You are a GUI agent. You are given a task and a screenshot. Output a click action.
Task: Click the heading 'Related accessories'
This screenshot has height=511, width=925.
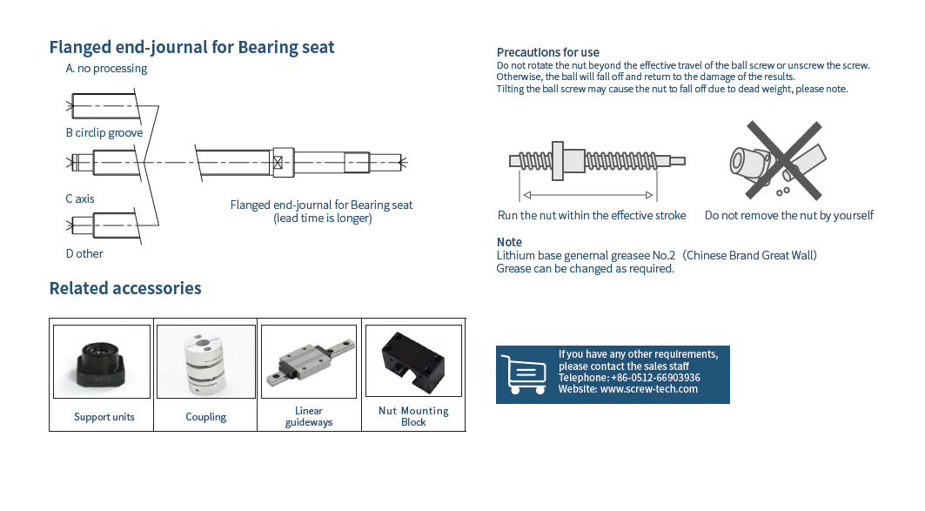coord(125,288)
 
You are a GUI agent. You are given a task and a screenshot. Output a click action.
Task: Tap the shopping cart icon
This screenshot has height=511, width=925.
coord(523,374)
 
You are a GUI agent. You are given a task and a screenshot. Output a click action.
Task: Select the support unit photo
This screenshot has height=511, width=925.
coord(102,361)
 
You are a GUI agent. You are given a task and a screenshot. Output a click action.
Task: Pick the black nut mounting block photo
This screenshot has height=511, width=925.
coord(413,361)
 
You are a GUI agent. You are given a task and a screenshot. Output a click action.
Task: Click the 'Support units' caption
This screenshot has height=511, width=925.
coord(104,417)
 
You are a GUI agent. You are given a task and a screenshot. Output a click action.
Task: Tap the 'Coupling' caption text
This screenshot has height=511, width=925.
coord(206,417)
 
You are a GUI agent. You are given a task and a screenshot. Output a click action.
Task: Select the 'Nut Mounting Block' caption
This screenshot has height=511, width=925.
coord(413,416)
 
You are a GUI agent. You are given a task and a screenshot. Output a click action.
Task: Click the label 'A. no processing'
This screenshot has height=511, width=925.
coord(106,69)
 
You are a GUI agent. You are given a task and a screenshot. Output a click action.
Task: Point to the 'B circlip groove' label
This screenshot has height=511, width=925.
coord(104,133)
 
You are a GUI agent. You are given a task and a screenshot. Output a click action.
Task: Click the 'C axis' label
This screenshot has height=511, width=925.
coord(80,198)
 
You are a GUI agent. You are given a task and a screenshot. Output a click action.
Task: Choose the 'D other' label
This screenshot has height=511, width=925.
coord(84,253)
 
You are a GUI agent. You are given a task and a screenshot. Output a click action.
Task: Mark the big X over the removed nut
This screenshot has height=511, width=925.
coord(784,160)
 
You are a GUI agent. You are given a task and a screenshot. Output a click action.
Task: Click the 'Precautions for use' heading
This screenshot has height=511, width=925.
coord(548,52)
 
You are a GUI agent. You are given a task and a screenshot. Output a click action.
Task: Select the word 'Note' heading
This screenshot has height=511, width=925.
coord(509,242)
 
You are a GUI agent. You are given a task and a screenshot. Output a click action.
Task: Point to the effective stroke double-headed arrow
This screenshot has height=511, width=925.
coord(589,195)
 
